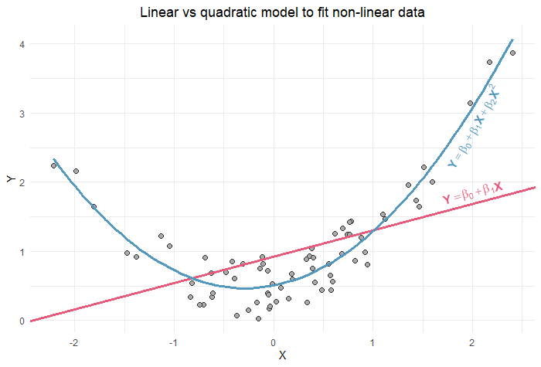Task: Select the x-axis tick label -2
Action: pyautogui.click(x=73, y=342)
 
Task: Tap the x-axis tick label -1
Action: pyautogui.click(x=173, y=342)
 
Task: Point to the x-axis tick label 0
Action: pyautogui.click(x=273, y=342)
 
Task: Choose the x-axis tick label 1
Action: pyautogui.click(x=373, y=342)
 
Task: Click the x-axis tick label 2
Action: pyautogui.click(x=472, y=342)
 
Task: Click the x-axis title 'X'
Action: pyautogui.click(x=282, y=355)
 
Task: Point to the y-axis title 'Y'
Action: pyautogui.click(x=9, y=179)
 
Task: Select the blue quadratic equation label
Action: pyautogui.click(x=474, y=127)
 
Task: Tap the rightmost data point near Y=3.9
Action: pyautogui.click(x=512, y=53)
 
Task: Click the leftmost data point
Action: pyautogui.click(x=53, y=165)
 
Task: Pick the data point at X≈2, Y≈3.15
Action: pyautogui.click(x=470, y=103)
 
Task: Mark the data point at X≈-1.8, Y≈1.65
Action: pyautogui.click(x=94, y=206)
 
